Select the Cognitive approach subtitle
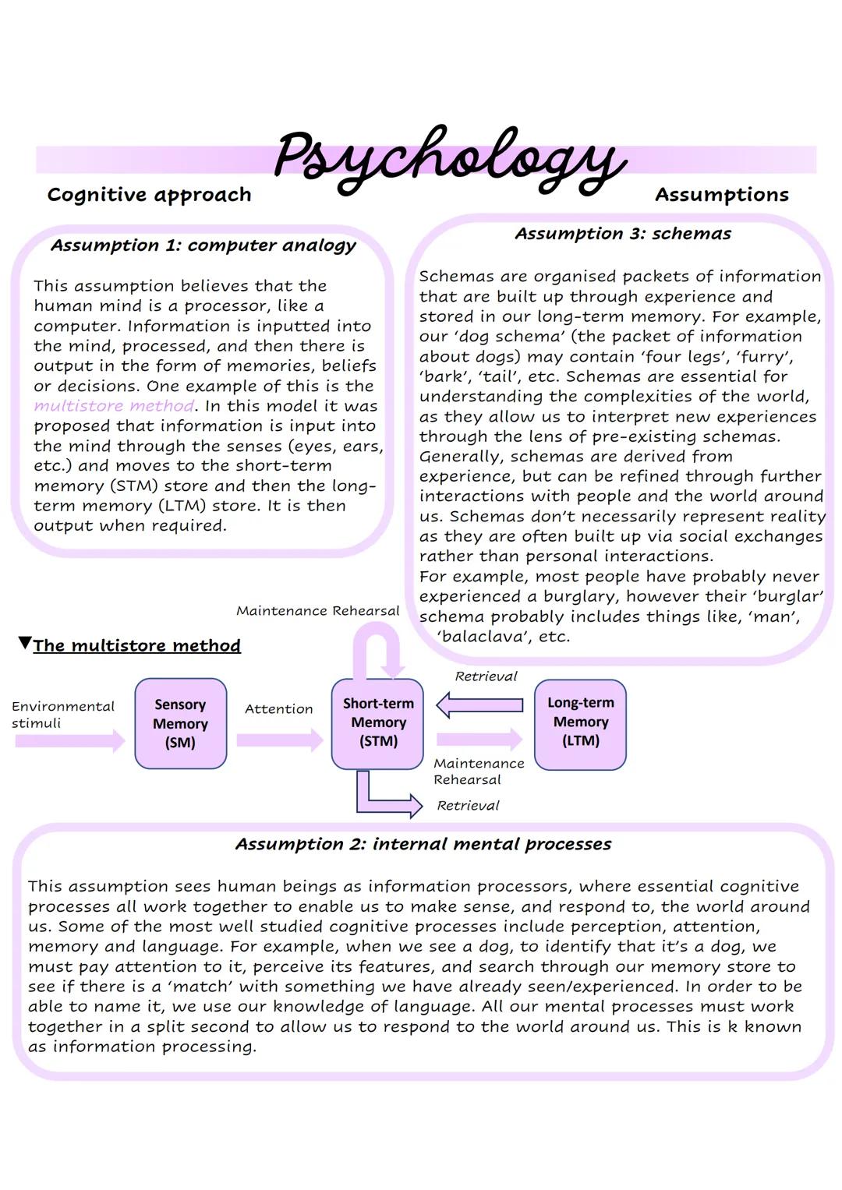click(x=149, y=195)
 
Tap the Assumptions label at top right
click(x=721, y=195)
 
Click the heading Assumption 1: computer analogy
click(x=203, y=245)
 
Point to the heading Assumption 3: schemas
click(x=623, y=234)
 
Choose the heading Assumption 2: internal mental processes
click(x=423, y=844)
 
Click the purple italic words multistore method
click(x=114, y=406)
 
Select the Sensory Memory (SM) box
click(x=180, y=723)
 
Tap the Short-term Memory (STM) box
click(x=378, y=722)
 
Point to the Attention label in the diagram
click(x=278, y=709)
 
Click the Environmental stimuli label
click(x=62, y=715)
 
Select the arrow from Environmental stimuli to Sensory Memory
click(x=70, y=740)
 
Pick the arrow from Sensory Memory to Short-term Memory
click(x=279, y=740)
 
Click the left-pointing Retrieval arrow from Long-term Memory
click(x=479, y=705)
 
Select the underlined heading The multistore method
click(x=136, y=646)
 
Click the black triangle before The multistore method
click(x=25, y=644)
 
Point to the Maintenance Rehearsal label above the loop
click(x=317, y=611)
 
